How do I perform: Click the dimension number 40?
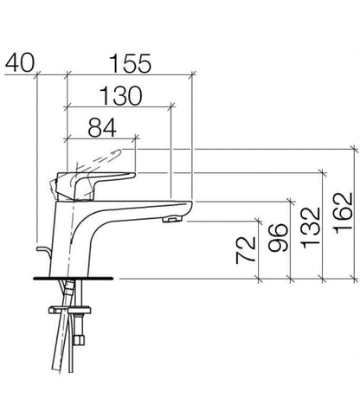coord(20,63)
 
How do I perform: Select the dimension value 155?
coord(131,63)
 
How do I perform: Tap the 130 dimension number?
coord(121,96)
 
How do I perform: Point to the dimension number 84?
coord(102,127)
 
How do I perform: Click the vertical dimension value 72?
coord(246,250)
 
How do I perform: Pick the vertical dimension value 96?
coord(278,237)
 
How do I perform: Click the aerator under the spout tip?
coord(172,220)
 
